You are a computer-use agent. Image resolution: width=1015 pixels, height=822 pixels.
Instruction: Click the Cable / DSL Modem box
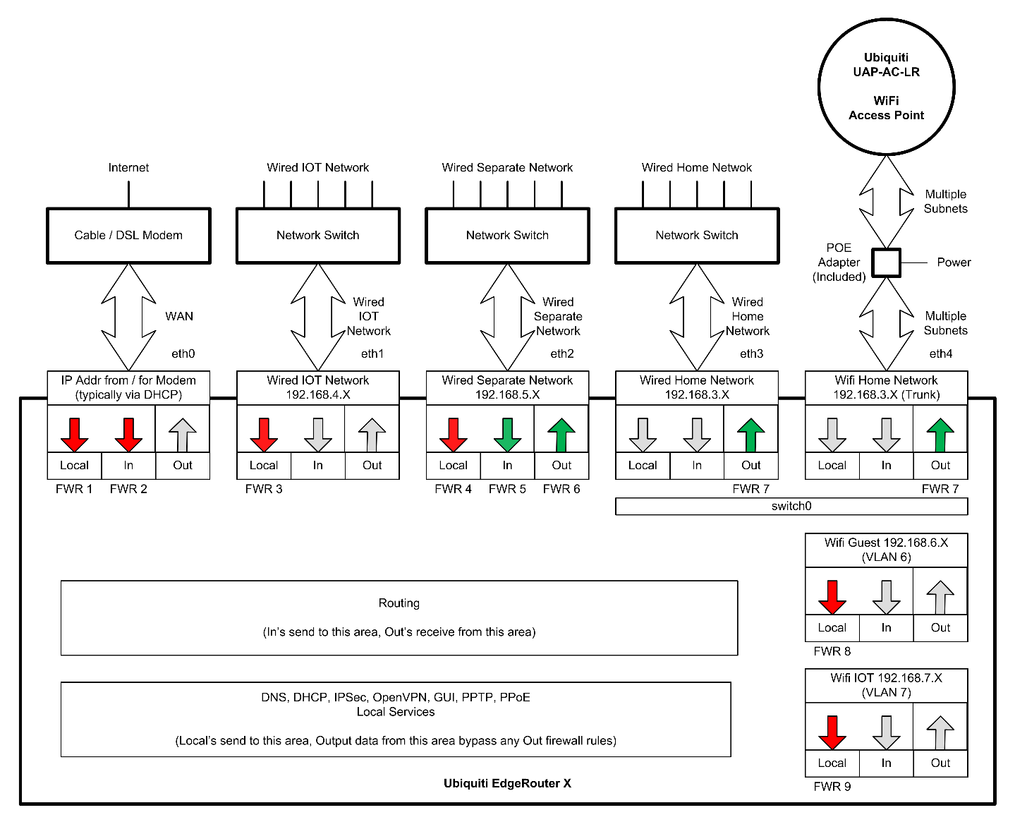click(x=128, y=236)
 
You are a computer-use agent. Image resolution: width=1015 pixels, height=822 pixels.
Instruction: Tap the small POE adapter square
click(x=886, y=262)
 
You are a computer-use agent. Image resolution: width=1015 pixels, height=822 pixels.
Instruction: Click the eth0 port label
click(x=183, y=353)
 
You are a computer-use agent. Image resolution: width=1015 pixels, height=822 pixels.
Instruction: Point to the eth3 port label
click(x=751, y=353)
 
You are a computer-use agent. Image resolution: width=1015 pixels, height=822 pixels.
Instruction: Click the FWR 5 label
click(x=507, y=489)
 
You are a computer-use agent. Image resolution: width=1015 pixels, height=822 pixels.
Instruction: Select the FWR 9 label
click(x=832, y=787)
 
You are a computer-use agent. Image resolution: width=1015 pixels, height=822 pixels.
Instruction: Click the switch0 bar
click(x=791, y=506)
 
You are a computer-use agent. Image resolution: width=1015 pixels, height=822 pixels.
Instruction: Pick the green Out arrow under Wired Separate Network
click(x=561, y=435)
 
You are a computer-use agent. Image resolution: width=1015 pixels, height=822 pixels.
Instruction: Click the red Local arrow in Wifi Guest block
click(x=832, y=597)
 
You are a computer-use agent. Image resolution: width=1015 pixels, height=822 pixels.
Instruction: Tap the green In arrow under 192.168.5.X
click(x=507, y=435)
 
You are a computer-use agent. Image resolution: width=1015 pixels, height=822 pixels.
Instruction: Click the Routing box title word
click(x=399, y=603)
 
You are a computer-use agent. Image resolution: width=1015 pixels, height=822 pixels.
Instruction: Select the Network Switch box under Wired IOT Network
click(x=317, y=236)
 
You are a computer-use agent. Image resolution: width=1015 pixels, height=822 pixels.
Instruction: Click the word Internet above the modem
click(x=128, y=168)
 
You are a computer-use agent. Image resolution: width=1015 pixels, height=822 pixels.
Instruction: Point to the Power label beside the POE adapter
click(x=954, y=262)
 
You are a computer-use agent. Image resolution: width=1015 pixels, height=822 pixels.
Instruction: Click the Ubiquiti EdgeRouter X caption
click(x=507, y=783)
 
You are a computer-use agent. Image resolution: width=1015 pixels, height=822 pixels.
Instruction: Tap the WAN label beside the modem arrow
click(x=179, y=316)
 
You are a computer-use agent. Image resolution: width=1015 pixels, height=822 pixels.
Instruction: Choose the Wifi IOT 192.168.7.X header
click(x=886, y=685)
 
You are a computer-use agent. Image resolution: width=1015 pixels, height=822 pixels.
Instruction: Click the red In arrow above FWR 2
click(x=128, y=435)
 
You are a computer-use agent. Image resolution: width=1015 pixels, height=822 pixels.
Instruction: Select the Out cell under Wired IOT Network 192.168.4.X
click(x=372, y=466)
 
